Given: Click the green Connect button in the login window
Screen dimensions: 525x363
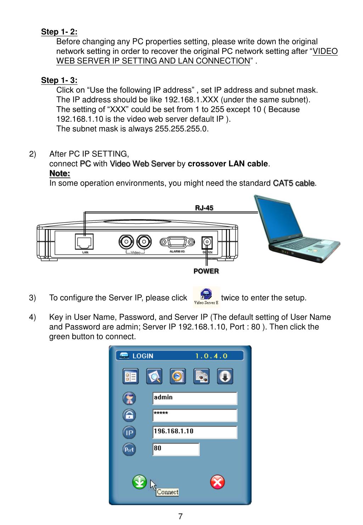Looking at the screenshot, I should [139, 482].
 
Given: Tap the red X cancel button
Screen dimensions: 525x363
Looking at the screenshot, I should [217, 482].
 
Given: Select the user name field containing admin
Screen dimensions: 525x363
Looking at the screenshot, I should [195, 398].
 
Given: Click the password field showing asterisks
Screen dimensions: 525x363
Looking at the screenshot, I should [195, 415].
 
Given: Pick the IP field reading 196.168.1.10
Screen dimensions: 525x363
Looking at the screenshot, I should [195, 432].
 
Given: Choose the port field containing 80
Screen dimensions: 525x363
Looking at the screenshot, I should [176, 449].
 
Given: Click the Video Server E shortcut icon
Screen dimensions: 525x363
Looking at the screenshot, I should [206, 297].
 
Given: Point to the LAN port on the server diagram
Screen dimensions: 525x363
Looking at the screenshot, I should [85, 242].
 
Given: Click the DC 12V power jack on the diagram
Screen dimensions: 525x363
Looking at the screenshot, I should [207, 244].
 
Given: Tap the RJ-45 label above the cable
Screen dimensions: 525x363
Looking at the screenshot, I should [204, 208].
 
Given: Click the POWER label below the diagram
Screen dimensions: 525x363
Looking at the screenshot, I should [206, 271].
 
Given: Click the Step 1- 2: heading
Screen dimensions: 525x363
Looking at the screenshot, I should [59, 32].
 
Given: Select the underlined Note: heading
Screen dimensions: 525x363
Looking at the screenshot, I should [60, 174].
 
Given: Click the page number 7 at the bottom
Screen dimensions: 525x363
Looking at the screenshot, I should [180, 516].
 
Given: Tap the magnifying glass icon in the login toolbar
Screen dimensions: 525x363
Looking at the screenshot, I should [154, 376].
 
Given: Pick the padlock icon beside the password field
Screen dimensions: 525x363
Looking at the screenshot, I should [129, 415].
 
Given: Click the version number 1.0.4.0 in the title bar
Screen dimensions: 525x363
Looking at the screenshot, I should [211, 356].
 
